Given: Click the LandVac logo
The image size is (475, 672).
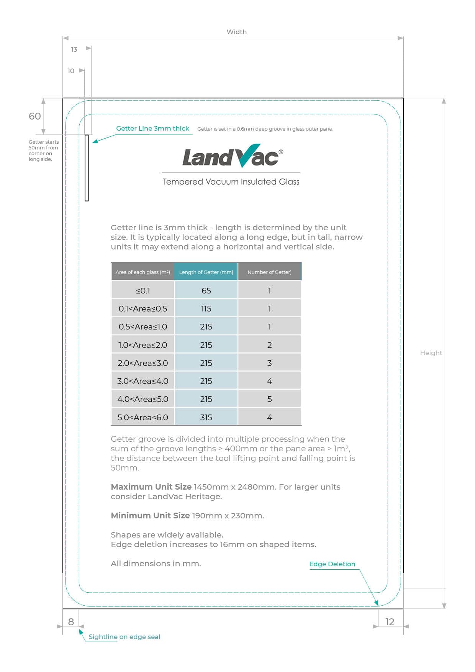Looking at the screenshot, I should tap(232, 156).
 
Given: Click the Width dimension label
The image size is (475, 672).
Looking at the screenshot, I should tap(236, 32).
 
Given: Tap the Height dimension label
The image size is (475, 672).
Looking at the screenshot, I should tap(431, 353).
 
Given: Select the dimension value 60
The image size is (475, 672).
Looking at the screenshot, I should tap(35, 116).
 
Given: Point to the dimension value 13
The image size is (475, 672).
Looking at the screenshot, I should tap(74, 49).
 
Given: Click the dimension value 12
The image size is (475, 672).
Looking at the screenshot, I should tap(390, 622).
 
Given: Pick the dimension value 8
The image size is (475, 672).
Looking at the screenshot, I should tap(71, 622).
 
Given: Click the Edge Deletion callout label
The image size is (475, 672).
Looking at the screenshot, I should tap(332, 564).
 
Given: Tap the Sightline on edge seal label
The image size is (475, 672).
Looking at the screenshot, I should tap(124, 637).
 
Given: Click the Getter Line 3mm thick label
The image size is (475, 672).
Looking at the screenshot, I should tap(152, 128).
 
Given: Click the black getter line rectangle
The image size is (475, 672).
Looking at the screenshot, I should tap(87, 168).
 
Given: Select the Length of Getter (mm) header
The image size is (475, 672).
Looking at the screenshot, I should tap(206, 272).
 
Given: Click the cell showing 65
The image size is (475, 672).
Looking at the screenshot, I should tap(206, 290).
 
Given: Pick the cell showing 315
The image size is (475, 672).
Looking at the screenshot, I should tap(206, 417).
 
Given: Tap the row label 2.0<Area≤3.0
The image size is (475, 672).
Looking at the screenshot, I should tap(142, 363).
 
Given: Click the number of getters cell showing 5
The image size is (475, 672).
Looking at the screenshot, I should tap(269, 399).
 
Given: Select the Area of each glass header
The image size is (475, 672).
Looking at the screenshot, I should tap(142, 272).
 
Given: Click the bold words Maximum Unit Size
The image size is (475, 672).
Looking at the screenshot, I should tap(151, 487).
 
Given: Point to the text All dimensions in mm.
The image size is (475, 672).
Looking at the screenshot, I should tap(156, 564).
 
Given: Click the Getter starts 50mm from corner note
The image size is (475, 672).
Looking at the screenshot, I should tap(43, 151).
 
